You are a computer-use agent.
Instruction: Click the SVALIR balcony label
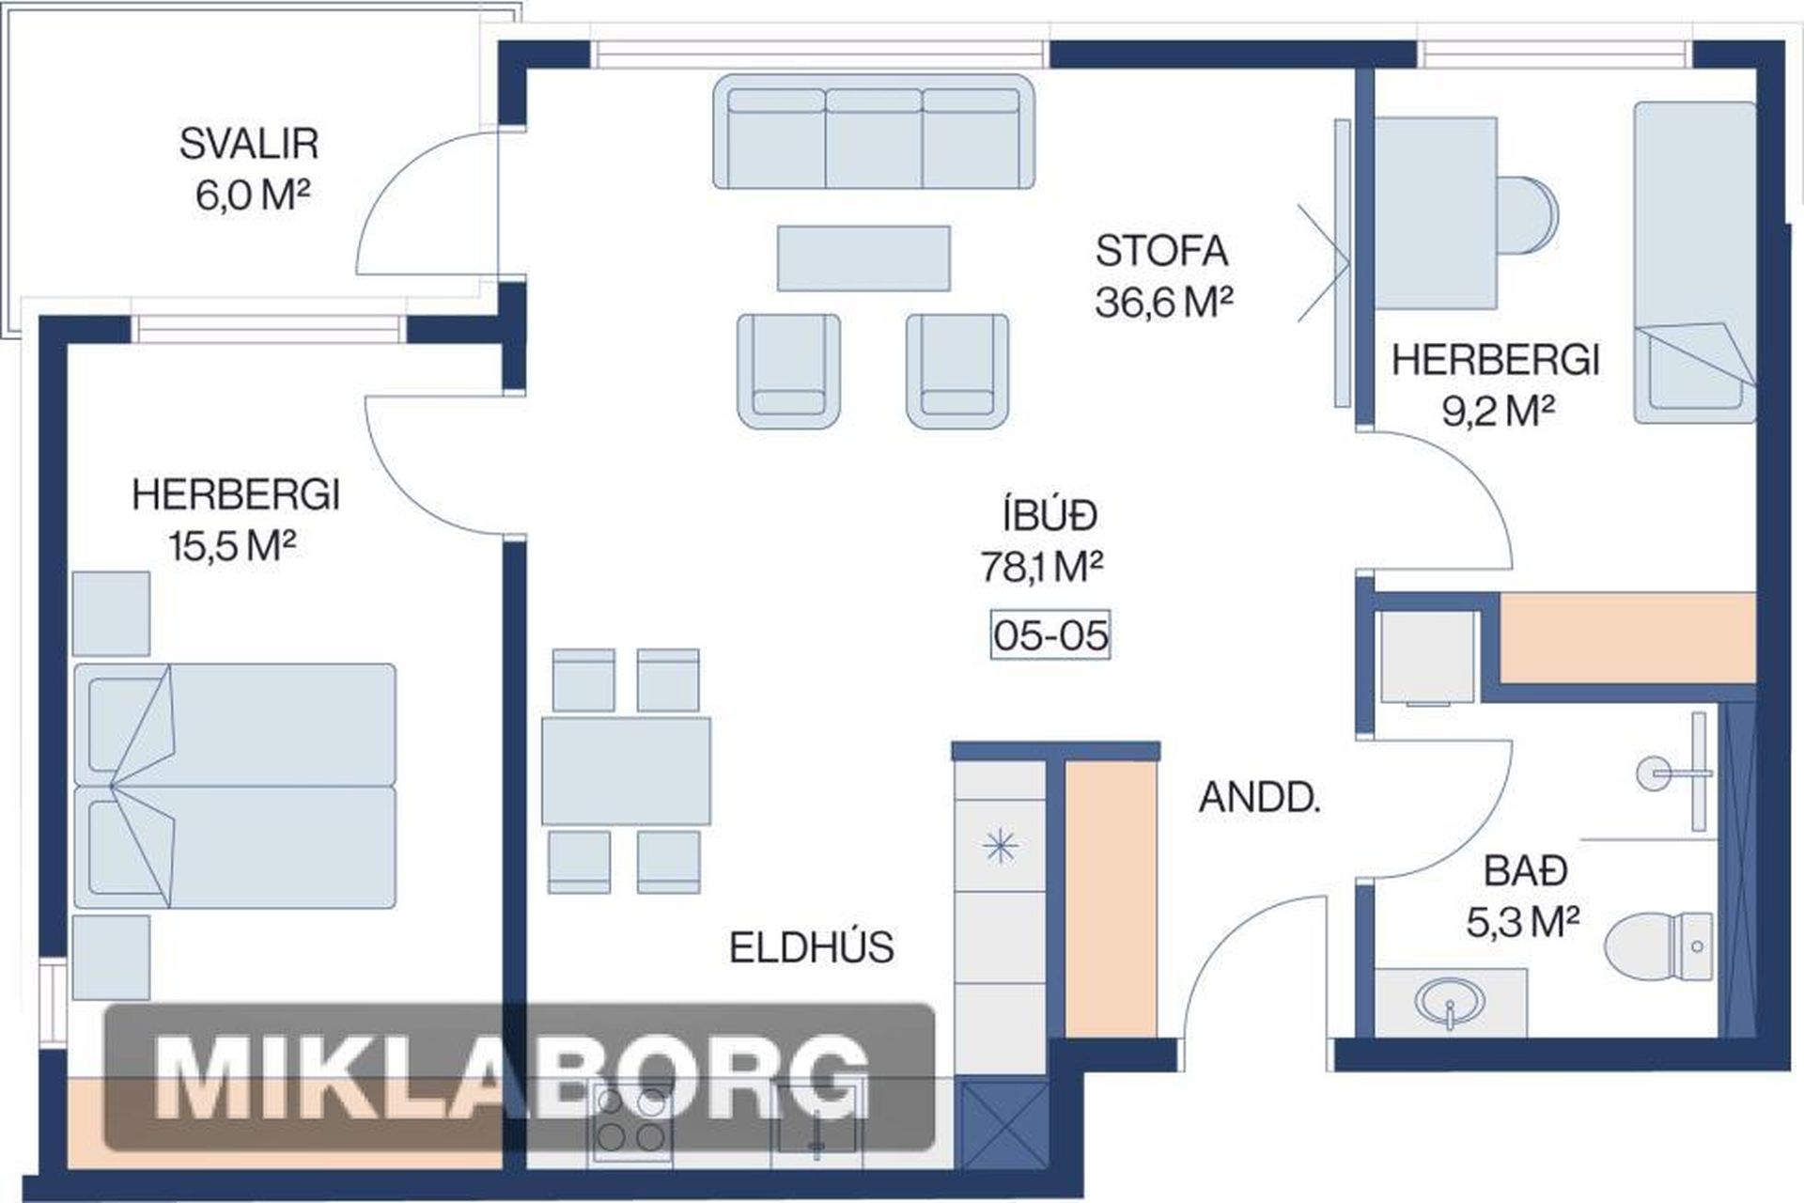[249, 144]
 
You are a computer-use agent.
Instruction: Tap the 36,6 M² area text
[1163, 303]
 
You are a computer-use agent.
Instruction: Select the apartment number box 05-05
[1050, 635]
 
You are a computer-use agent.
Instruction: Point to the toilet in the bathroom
[1659, 945]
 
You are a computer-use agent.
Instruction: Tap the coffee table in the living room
[863, 258]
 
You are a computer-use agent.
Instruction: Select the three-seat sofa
[873, 133]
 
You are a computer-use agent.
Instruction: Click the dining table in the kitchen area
[626, 772]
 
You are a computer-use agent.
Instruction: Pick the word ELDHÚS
[812, 947]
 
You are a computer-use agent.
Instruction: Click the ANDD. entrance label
[1260, 798]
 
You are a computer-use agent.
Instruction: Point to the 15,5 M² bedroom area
[233, 545]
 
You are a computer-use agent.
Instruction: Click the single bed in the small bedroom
[1694, 262]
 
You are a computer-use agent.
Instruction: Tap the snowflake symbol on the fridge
[1000, 847]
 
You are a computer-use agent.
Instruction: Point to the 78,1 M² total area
[1042, 567]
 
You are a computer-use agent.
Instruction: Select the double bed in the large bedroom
[235, 786]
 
